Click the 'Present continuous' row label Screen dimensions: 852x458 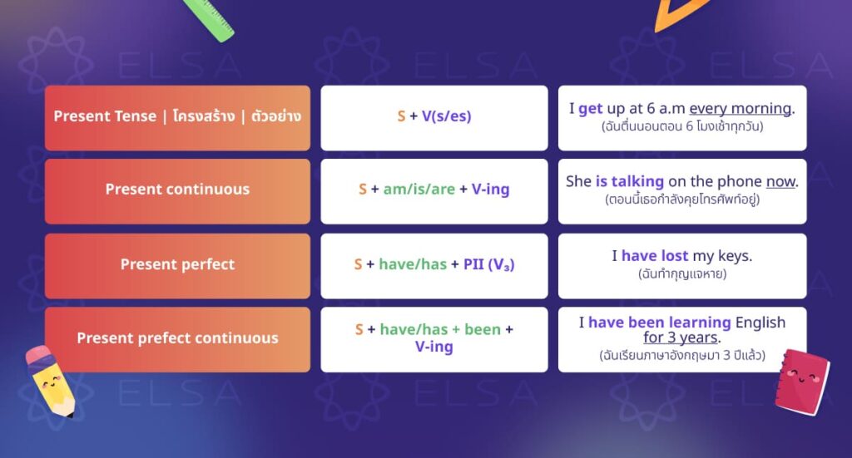click(177, 189)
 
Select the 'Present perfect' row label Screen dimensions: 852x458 click(177, 263)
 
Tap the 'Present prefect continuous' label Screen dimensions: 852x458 click(177, 338)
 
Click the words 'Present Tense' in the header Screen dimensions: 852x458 click(105, 116)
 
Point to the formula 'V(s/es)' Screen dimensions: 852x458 click(446, 116)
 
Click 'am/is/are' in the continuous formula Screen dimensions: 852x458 click(419, 189)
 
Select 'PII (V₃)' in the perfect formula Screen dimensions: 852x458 click(488, 264)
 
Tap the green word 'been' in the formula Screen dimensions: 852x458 click(483, 329)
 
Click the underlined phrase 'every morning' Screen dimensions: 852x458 click(740, 109)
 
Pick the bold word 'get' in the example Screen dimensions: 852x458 click(591, 109)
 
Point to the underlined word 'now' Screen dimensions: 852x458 click(780, 181)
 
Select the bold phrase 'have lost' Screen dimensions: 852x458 click(655, 255)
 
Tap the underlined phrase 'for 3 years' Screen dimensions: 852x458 click(681, 337)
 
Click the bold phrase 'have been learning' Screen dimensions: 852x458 click(660, 323)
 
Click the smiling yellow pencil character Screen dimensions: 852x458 click(50, 381)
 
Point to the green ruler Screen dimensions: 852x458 click(209, 20)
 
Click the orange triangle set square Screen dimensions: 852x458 click(679, 13)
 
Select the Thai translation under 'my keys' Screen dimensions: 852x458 click(682, 273)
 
